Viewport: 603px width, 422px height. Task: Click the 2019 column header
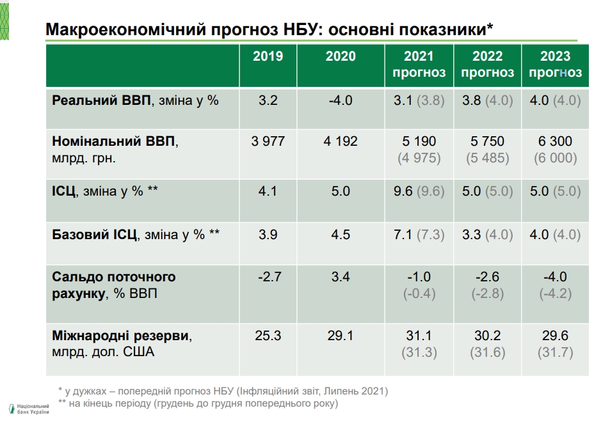[x=268, y=57]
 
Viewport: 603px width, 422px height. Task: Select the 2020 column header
[x=341, y=57]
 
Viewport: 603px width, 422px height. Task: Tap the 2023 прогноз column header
[x=555, y=65]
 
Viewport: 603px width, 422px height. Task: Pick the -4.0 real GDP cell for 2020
[x=341, y=101]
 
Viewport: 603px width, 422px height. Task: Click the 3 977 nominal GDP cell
[x=268, y=141]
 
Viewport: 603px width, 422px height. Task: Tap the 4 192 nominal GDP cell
[x=341, y=141]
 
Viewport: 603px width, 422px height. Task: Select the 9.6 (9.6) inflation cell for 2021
[x=419, y=191]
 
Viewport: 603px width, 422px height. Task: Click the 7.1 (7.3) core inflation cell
[x=419, y=235]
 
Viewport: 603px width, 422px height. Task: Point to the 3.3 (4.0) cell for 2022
[x=487, y=235]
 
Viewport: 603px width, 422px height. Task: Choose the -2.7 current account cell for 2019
[x=268, y=277]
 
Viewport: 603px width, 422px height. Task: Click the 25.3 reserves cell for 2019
[x=268, y=335]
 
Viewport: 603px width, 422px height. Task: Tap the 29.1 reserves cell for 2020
[x=341, y=335]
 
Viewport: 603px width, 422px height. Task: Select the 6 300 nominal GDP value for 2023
[x=555, y=141]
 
